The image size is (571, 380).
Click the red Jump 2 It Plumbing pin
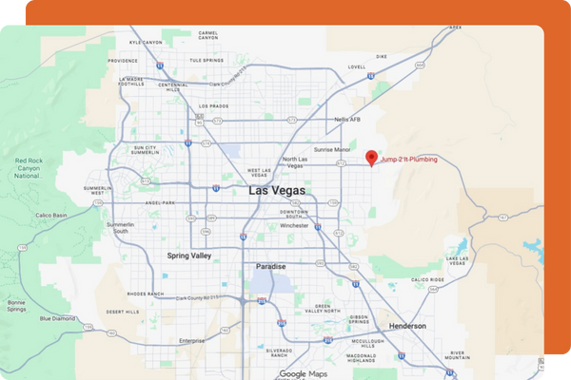point(371,158)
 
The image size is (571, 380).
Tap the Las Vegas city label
point(277,190)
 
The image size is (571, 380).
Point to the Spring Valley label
point(188,256)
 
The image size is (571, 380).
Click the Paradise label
point(270,267)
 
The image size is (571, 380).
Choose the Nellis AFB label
point(347,120)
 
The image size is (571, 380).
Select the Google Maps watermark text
point(304,373)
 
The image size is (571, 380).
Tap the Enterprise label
point(191,340)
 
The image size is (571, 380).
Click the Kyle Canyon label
point(146,43)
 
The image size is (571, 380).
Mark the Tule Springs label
point(206,60)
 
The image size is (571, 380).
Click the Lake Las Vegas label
point(458,261)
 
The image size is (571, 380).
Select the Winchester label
point(294,225)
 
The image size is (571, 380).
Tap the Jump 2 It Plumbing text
point(409,160)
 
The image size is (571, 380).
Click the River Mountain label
point(457,356)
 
